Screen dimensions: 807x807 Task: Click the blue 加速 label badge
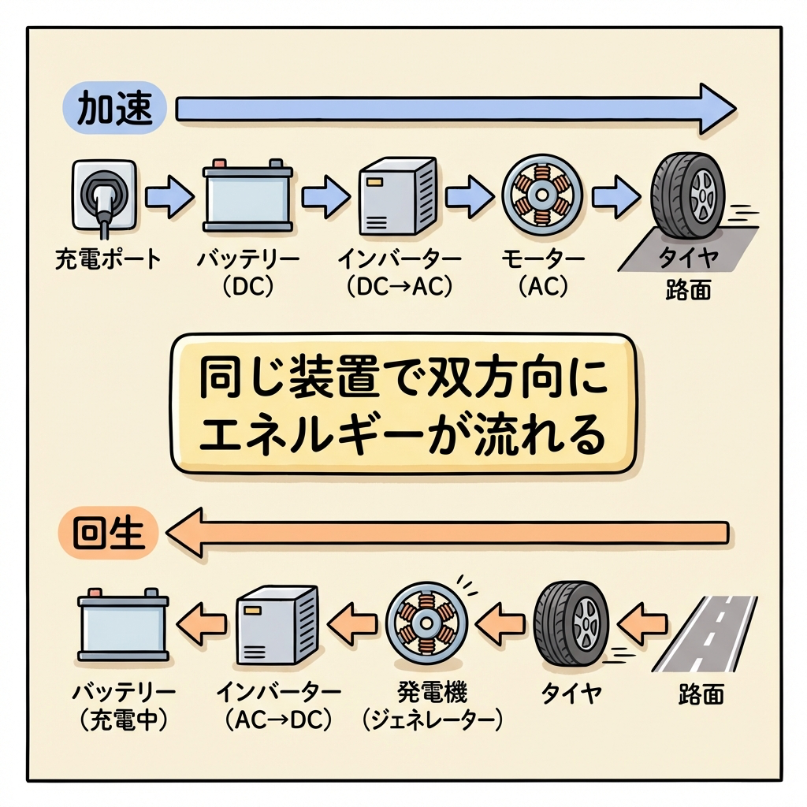pos(113,108)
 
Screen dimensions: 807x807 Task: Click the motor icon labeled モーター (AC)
pos(542,195)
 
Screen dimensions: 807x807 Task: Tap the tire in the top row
pos(688,195)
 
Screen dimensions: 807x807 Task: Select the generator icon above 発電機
pos(427,623)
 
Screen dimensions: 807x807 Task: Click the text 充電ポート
pos(108,259)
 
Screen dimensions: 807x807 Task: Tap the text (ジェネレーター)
pos(431,720)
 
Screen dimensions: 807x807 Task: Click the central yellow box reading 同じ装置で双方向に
pos(403,403)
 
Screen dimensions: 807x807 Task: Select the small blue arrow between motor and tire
pos(616,196)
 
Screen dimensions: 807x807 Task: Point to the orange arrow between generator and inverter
pos(352,623)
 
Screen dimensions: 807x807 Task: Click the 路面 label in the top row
pos(687,289)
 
